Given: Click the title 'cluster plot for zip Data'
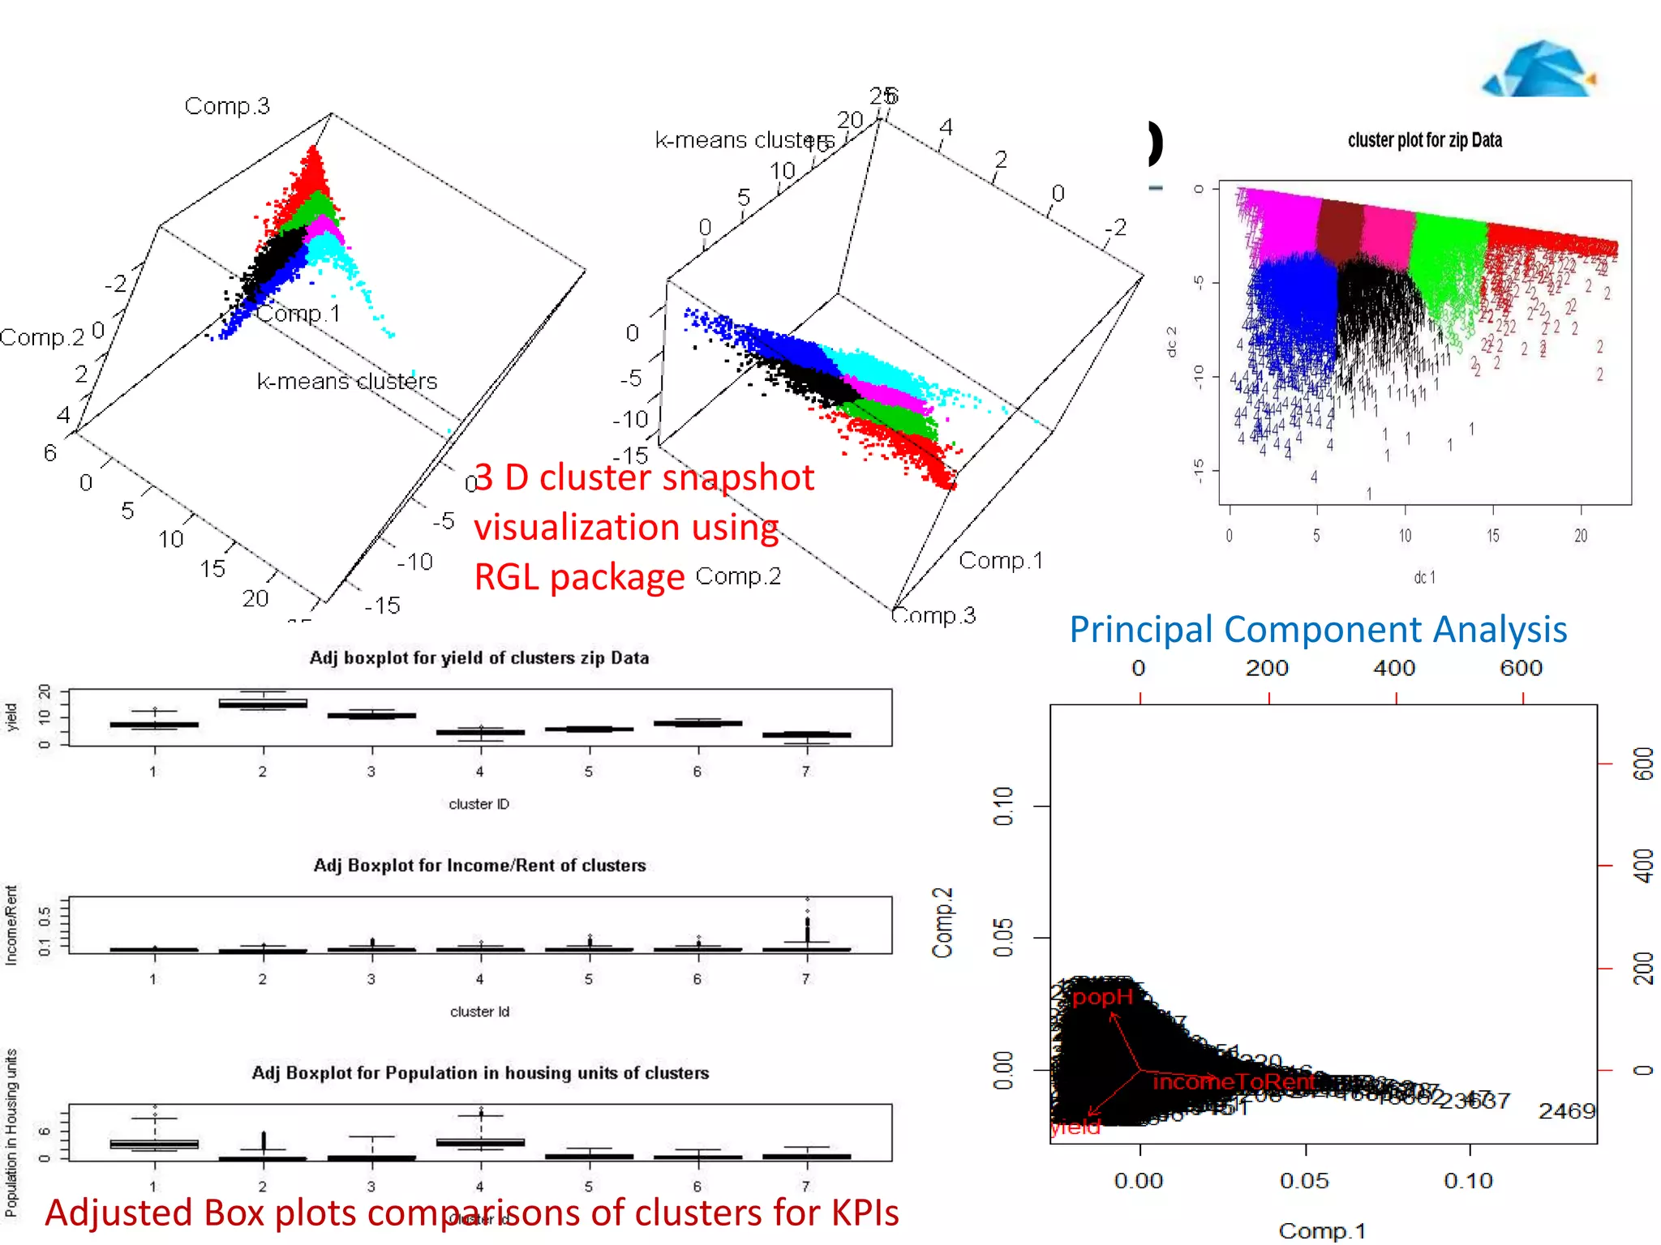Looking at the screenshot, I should (1424, 140).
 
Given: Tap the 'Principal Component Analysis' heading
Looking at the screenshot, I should (1317, 630).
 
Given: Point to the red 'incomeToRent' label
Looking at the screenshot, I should (1233, 1082).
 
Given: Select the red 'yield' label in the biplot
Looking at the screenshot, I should (1075, 1127).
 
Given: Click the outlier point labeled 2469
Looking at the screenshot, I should (1566, 1111).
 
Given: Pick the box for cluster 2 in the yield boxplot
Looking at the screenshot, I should (263, 703).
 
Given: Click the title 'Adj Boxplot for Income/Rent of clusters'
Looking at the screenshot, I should (479, 866).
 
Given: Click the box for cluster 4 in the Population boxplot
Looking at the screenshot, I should (480, 1142).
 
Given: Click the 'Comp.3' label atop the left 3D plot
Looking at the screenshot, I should (227, 106).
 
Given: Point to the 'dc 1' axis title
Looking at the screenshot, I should (1424, 577).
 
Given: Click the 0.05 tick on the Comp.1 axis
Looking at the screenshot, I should (1305, 1179).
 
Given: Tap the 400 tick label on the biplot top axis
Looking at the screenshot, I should (1394, 668).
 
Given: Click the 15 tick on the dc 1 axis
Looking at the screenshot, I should (1492, 536).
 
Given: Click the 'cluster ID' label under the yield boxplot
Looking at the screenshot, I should (479, 804).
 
